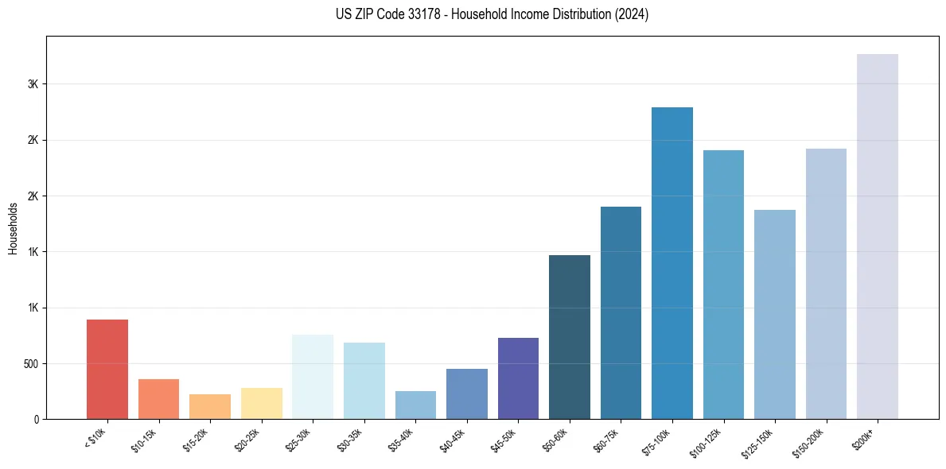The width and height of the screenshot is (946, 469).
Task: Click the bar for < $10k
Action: (x=107, y=369)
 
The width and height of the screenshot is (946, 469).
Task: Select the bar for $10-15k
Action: (x=158, y=399)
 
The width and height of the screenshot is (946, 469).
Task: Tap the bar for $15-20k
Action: (x=210, y=406)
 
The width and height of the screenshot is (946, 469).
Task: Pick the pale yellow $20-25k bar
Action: (x=261, y=403)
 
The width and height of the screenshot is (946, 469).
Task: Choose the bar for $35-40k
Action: (x=415, y=405)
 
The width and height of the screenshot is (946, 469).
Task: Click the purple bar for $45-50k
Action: (x=518, y=378)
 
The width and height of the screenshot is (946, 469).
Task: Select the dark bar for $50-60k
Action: (x=570, y=337)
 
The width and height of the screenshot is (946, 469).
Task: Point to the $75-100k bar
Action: (x=672, y=263)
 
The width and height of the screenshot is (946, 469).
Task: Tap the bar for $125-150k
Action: (x=775, y=314)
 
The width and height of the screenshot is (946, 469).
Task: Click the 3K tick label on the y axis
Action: (x=33, y=84)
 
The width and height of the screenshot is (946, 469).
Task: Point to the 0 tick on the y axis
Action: (x=36, y=420)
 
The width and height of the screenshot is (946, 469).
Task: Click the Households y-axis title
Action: (x=13, y=227)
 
